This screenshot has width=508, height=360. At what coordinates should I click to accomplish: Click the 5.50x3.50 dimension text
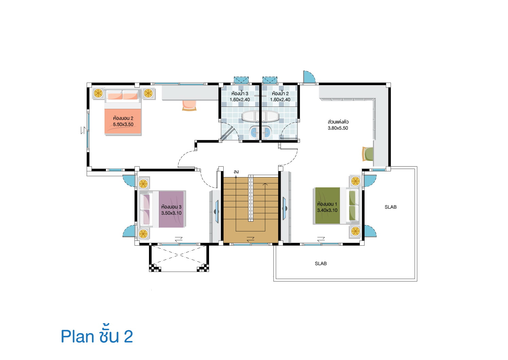(x=123, y=125)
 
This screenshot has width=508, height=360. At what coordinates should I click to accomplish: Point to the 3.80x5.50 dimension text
(x=338, y=128)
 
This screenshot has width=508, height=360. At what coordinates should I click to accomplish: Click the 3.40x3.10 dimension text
(x=327, y=210)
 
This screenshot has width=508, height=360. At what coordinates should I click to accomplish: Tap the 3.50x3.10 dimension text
(x=171, y=213)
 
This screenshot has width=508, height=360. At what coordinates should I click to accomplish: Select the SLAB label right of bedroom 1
(x=391, y=207)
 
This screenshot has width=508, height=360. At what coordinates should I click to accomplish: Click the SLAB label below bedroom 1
(x=321, y=264)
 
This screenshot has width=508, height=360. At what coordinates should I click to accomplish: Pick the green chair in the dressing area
(x=368, y=154)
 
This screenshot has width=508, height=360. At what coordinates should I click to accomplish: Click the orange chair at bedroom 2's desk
(x=189, y=105)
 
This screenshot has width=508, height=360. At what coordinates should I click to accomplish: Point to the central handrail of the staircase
(x=251, y=198)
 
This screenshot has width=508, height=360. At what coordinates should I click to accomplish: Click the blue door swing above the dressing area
(x=308, y=77)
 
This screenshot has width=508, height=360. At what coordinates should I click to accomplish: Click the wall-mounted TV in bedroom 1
(x=284, y=208)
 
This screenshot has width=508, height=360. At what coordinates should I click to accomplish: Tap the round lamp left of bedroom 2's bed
(x=98, y=93)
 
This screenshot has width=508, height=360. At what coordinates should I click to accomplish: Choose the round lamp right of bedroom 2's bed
(x=148, y=93)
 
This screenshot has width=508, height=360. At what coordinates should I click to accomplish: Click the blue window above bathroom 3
(x=241, y=80)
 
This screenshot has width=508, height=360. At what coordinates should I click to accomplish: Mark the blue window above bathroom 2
(x=270, y=80)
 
